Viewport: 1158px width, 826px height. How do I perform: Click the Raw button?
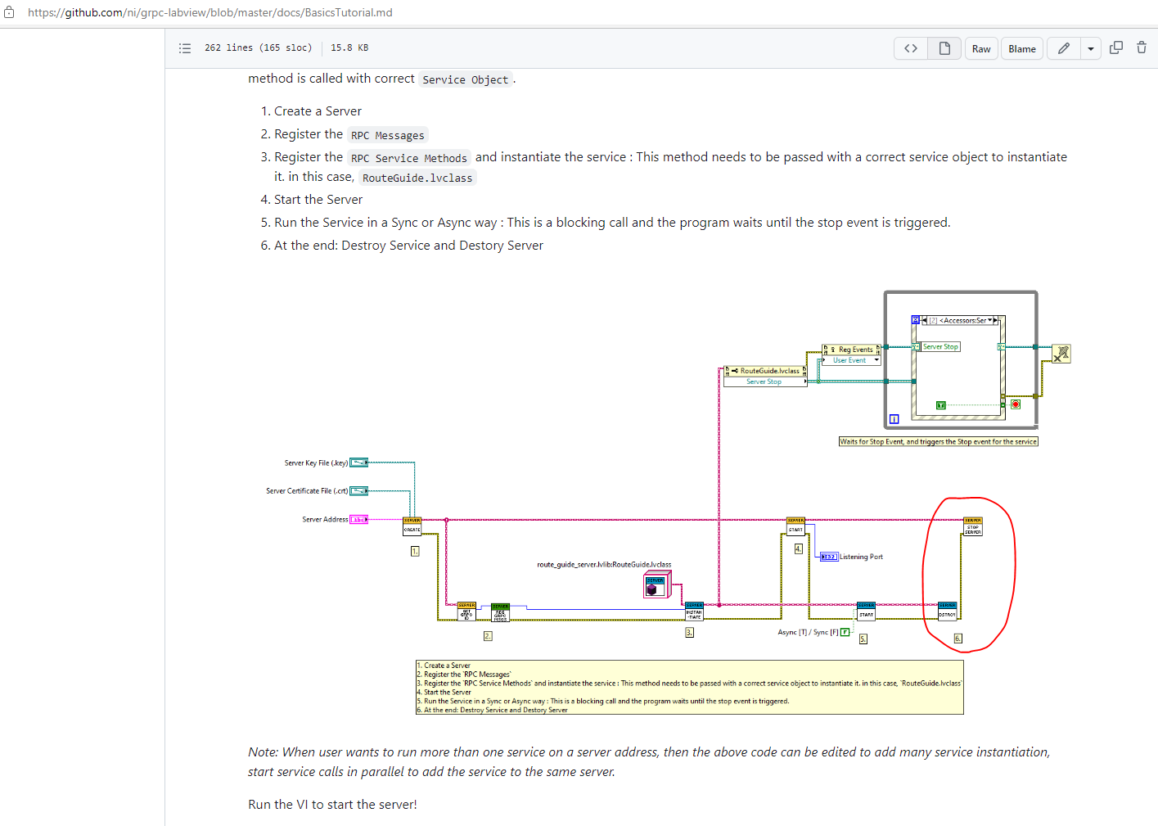click(x=980, y=49)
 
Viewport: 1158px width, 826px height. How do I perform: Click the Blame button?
click(x=1021, y=49)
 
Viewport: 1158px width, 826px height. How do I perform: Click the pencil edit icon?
click(x=1063, y=49)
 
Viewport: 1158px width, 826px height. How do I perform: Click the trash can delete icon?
click(x=1141, y=48)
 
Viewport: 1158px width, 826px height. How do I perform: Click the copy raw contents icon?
click(x=1115, y=48)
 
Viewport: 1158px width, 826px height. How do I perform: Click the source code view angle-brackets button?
click(x=910, y=49)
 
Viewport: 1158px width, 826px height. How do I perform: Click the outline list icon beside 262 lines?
click(x=185, y=48)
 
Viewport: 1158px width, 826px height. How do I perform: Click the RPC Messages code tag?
click(x=388, y=136)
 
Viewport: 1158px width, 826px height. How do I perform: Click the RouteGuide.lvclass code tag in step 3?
click(x=417, y=178)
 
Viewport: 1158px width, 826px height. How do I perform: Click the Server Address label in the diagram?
click(x=325, y=520)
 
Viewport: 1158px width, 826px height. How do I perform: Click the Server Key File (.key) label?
click(x=316, y=463)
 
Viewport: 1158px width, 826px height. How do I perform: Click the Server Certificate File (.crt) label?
click(x=307, y=491)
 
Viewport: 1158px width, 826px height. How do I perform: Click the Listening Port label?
click(x=861, y=557)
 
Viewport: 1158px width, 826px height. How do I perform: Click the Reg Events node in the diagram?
click(x=851, y=350)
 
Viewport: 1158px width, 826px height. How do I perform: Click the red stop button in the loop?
click(x=1015, y=404)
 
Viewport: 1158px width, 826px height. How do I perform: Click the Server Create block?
click(x=412, y=526)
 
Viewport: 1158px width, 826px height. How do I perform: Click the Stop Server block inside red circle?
click(x=972, y=526)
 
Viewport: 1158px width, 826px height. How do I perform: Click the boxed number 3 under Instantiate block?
click(x=689, y=633)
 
